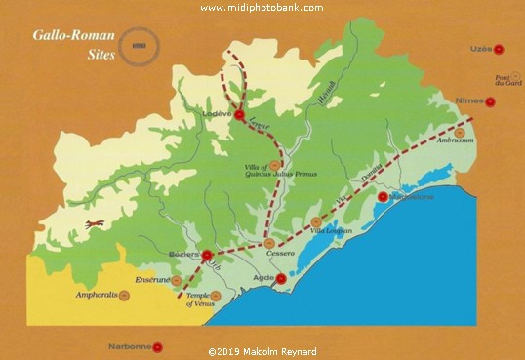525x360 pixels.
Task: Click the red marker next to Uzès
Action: [x=499, y=48]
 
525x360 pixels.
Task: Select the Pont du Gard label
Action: [x=502, y=81]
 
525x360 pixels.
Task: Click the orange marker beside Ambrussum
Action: [x=461, y=132]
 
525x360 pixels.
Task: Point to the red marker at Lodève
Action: [x=240, y=115]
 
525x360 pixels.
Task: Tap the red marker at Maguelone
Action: [x=383, y=196]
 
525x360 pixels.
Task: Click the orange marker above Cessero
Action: [x=270, y=244]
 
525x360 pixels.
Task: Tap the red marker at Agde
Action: [x=282, y=278]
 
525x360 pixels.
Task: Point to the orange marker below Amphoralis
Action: [x=123, y=295]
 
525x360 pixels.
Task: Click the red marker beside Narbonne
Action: [x=160, y=346]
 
